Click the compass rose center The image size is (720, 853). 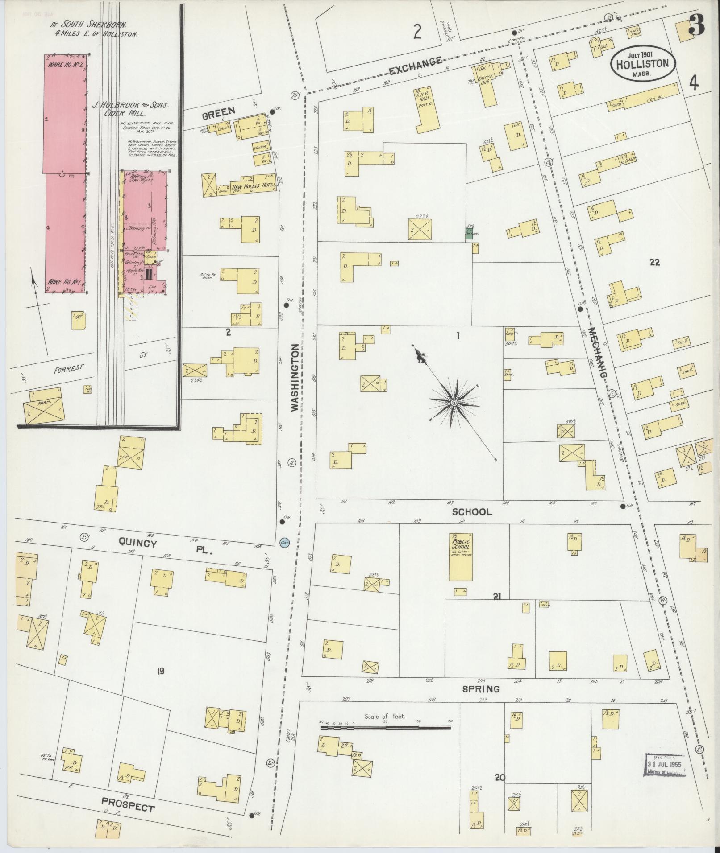click(x=454, y=403)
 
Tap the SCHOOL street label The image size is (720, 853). click(x=472, y=512)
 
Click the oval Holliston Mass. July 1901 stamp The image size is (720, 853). click(x=642, y=64)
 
